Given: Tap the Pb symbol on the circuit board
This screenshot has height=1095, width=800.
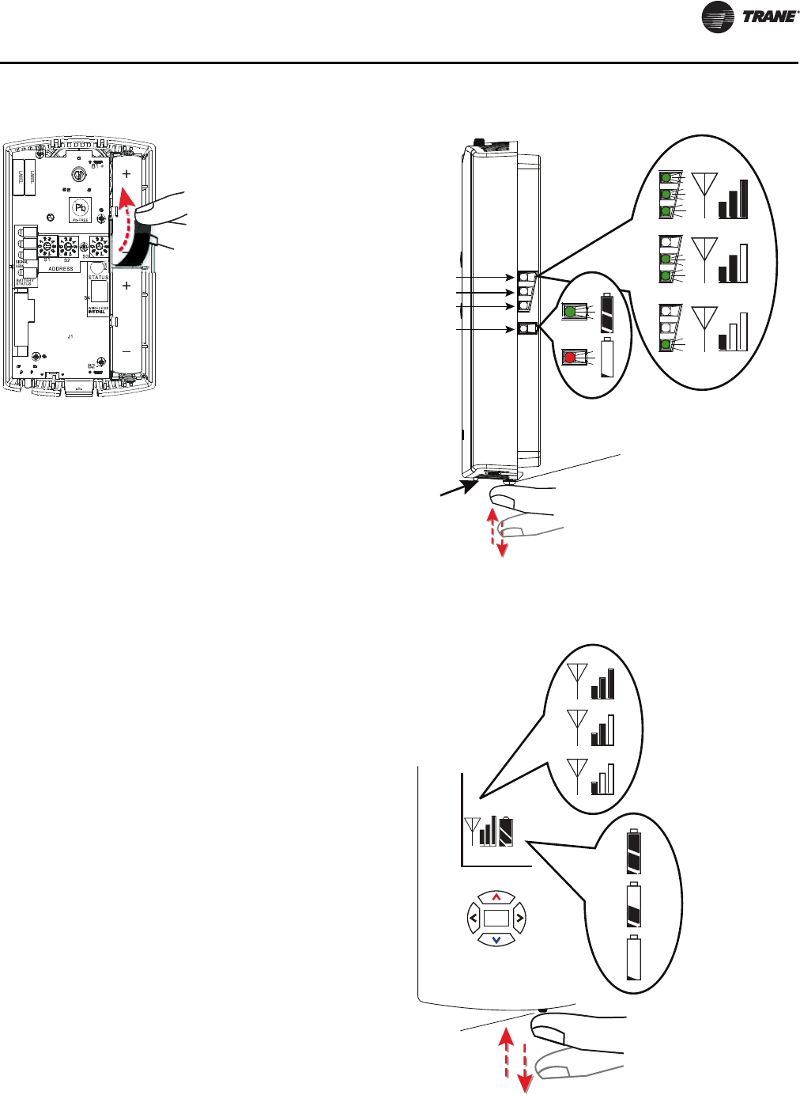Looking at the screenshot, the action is pos(80,208).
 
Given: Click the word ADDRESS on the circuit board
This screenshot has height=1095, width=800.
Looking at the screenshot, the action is pos(61,268).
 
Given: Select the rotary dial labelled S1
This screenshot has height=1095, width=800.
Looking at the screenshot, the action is pos(47,245).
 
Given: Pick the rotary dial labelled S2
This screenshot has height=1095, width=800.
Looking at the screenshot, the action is pos(68,246).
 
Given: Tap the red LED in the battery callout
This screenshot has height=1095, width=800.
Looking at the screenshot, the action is pos(569,357).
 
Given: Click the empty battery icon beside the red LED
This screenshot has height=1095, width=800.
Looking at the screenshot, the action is pos(608,358).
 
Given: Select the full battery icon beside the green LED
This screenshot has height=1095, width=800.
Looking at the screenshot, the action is pos(607,313).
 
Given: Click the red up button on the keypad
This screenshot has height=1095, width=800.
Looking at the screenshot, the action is pos(496,897).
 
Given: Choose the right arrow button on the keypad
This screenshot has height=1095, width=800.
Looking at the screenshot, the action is pos(519,919).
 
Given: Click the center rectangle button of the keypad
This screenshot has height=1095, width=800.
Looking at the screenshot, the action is pos(496,919).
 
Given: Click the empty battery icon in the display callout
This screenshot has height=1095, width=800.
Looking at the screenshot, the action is pos(634,958).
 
